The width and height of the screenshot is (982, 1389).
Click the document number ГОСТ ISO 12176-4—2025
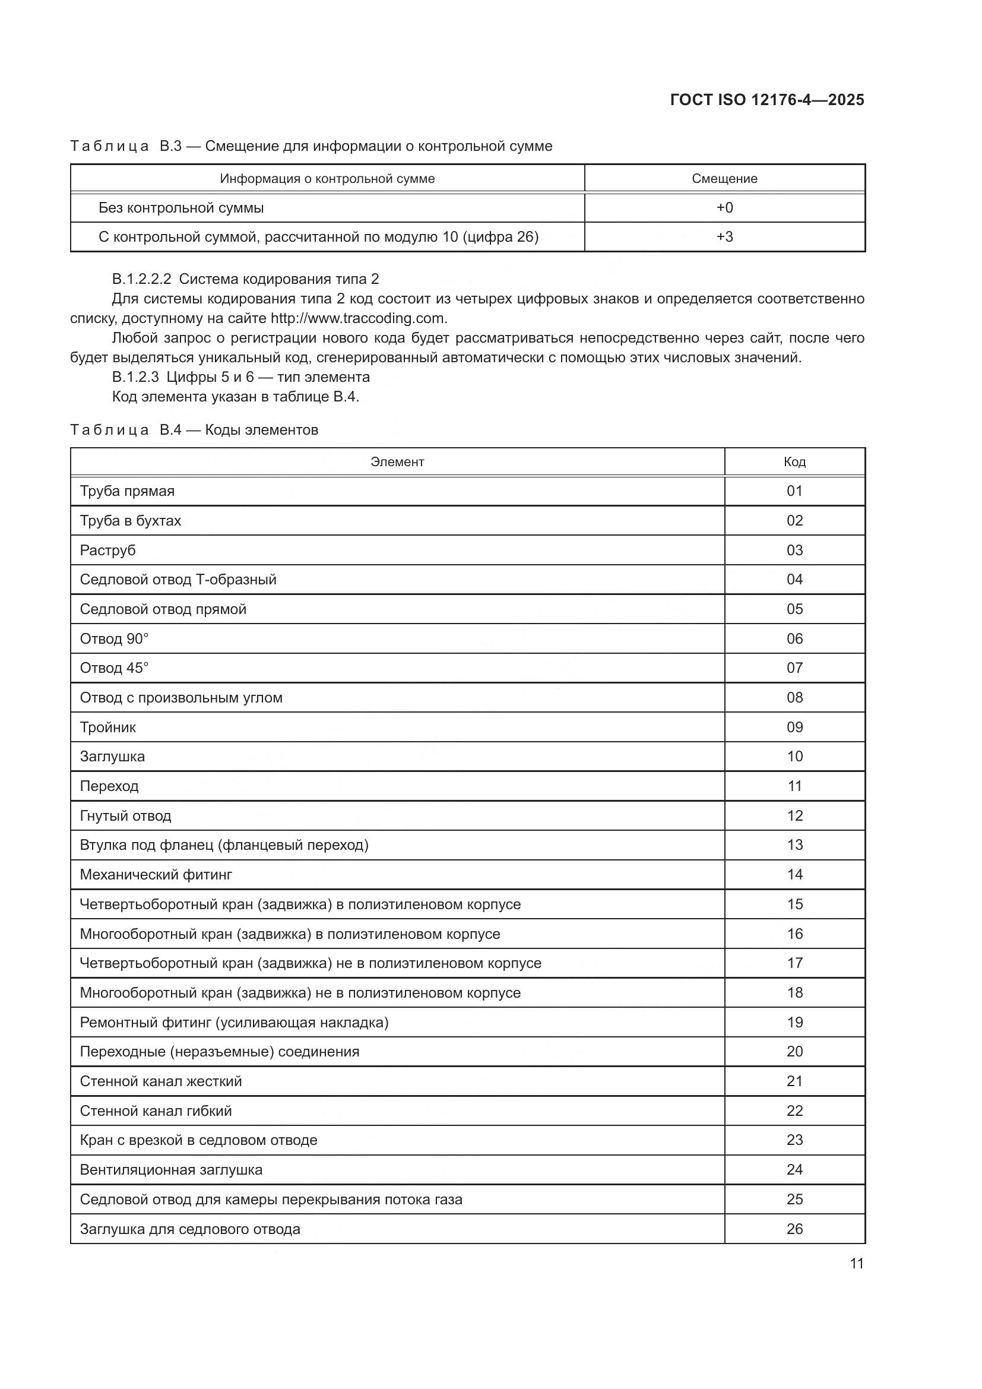click(766, 100)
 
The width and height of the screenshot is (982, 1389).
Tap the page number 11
click(856, 1263)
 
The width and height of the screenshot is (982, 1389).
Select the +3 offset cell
click(724, 236)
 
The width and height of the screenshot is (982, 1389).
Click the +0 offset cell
click(724, 207)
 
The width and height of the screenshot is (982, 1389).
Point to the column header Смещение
click(724, 179)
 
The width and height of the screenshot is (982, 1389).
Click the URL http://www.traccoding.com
click(358, 318)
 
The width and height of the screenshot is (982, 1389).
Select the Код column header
click(794, 461)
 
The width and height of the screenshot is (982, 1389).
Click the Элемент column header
click(397, 461)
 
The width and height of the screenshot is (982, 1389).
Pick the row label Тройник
click(107, 727)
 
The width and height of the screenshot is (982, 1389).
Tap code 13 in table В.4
click(794, 844)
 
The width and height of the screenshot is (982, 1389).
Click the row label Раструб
click(107, 550)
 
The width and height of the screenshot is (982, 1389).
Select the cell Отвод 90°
click(114, 639)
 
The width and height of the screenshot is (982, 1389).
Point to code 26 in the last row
click(794, 1229)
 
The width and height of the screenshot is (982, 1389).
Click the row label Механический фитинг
click(156, 874)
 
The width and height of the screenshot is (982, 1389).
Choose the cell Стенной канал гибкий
click(156, 1110)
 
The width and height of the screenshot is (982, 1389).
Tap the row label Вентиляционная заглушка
click(171, 1169)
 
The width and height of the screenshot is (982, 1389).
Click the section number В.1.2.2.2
click(141, 279)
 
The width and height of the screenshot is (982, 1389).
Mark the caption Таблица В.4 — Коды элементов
click(194, 430)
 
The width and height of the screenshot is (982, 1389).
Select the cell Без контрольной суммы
click(182, 207)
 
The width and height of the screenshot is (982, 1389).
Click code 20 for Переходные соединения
click(794, 1052)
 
